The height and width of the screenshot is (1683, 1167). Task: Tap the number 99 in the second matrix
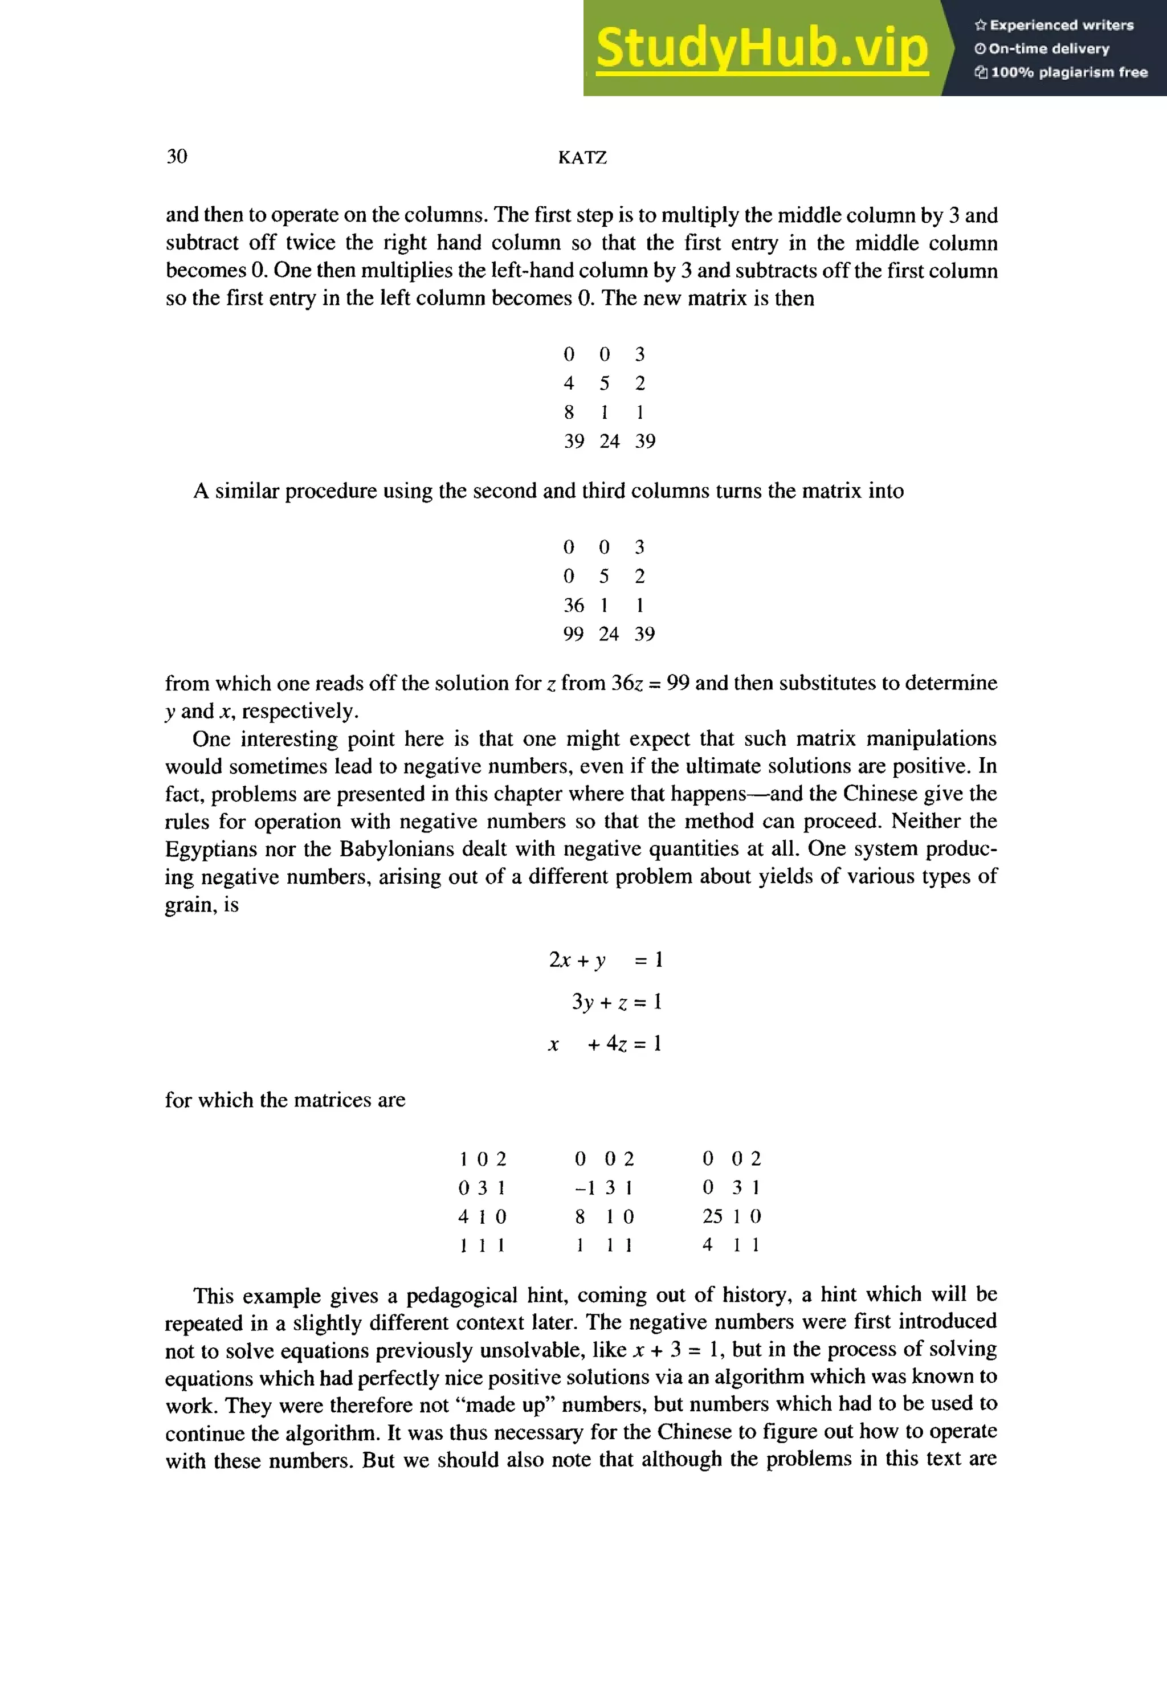tap(573, 634)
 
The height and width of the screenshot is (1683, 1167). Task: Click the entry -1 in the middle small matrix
tap(585, 1187)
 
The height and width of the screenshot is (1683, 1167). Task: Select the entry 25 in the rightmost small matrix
tap(712, 1216)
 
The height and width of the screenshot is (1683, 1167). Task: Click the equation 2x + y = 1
tap(605, 960)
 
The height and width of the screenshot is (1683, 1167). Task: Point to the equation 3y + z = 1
tap(617, 1002)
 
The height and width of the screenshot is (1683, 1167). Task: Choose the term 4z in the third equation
tap(617, 1043)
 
